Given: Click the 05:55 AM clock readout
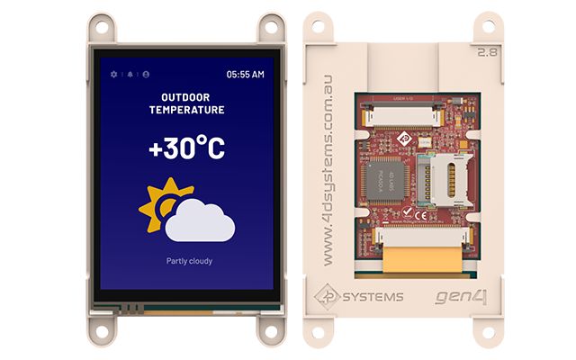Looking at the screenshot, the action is click(245, 74).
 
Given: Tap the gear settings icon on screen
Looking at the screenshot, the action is click(113, 74).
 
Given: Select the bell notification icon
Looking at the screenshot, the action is click(130, 74).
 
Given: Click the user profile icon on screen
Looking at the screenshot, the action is click(146, 74).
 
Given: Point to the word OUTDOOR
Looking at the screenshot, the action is click(186, 96).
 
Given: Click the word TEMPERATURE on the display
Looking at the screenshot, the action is click(186, 110).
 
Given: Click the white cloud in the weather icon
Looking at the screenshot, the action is click(200, 221).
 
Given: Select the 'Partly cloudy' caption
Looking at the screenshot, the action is click(186, 261).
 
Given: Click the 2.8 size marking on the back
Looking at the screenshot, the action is click(490, 51).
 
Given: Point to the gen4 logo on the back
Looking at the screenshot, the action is click(461, 295).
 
